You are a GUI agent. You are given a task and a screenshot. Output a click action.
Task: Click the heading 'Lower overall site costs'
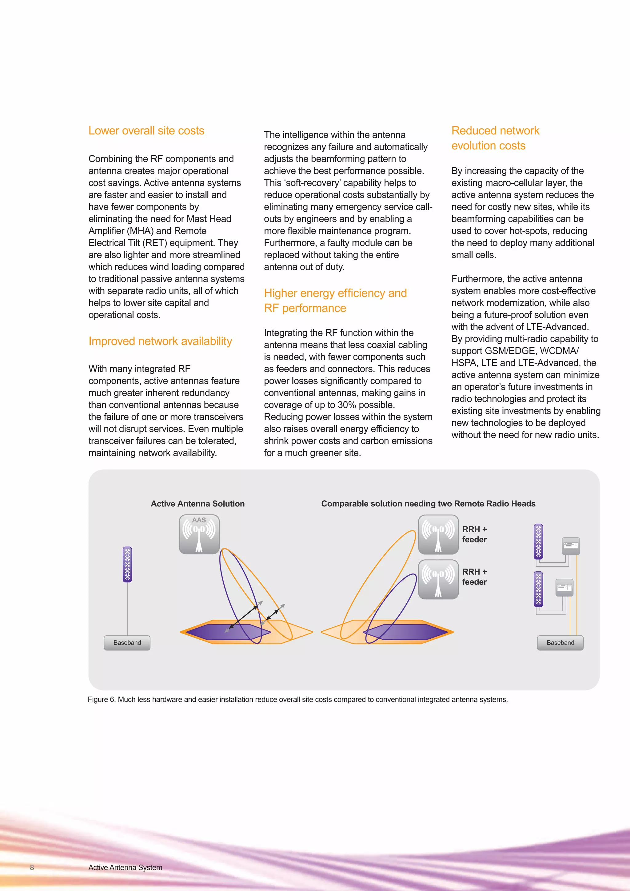click(146, 131)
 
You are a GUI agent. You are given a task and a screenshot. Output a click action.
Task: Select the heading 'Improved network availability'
click(160, 341)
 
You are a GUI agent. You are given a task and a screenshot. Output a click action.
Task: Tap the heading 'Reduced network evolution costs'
click(495, 138)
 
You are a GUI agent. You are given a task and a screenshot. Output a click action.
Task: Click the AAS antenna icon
click(199, 534)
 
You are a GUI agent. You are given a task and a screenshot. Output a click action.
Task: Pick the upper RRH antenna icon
click(438, 534)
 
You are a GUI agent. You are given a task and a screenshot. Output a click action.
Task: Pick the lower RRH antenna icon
click(438, 579)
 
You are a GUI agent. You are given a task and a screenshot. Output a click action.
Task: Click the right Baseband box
click(560, 643)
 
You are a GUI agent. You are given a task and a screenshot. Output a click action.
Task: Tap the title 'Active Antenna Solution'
click(197, 504)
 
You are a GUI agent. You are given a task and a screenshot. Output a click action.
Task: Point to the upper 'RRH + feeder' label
click(474, 534)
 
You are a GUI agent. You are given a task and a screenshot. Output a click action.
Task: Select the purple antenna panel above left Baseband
click(127, 564)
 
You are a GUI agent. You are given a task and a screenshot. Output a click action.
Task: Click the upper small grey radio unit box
click(571, 546)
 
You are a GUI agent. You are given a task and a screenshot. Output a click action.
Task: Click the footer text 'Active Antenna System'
click(125, 867)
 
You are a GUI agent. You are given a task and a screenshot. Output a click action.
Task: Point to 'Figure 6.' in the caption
click(101, 699)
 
